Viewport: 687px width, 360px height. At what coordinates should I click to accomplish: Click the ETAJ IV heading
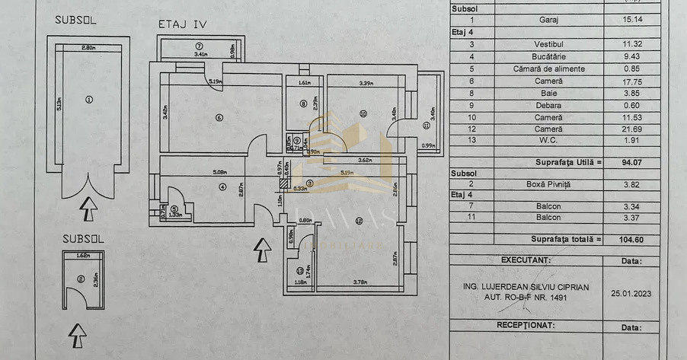coord(182,24)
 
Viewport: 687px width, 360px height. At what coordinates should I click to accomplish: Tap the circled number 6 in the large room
coord(219,117)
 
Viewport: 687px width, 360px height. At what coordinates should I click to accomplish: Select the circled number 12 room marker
coord(359,221)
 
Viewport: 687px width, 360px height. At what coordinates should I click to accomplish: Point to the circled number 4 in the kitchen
coord(222,186)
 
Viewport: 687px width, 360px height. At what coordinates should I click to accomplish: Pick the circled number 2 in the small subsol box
coord(81,278)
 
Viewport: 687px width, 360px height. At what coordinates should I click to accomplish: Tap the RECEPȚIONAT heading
coord(526,324)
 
